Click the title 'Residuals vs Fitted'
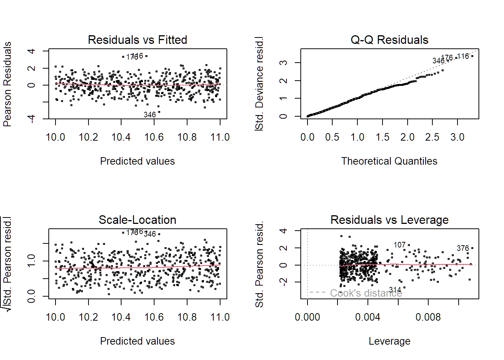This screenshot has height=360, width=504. [137, 40]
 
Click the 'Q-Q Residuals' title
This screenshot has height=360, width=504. [389, 40]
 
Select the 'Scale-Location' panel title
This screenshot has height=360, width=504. [137, 220]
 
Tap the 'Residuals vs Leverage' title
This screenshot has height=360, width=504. [389, 220]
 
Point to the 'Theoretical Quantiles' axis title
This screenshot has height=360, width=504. [389, 161]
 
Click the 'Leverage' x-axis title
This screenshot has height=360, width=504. [389, 341]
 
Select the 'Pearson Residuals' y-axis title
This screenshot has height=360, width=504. [7, 84]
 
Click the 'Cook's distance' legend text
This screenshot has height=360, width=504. [366, 293]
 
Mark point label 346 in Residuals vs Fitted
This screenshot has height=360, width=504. [150, 115]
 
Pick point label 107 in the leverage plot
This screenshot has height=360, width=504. [399, 245]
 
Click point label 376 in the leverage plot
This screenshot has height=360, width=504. [463, 248]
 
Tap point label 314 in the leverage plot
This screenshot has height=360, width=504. [395, 290]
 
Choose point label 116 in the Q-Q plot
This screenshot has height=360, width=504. [463, 56]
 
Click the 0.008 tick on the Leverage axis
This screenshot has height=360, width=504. [428, 317]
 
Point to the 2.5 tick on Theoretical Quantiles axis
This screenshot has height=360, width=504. [432, 137]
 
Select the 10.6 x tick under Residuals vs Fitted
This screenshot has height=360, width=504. [154, 137]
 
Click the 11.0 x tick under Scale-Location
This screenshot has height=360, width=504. [220, 317]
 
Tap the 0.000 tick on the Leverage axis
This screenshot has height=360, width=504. [307, 317]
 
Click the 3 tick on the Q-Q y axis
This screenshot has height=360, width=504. [285, 62]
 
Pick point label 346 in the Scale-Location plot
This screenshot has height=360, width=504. [150, 234]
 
